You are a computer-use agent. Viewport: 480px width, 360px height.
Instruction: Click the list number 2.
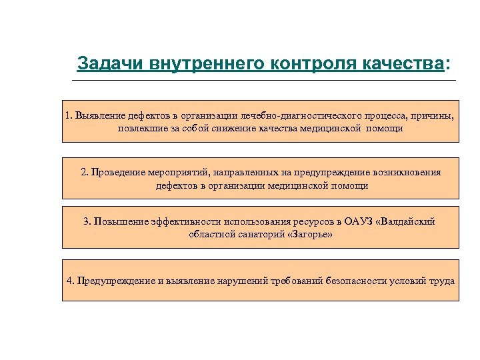84,172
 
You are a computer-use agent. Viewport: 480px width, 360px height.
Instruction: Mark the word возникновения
405,172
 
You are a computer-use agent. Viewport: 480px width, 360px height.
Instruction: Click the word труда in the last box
443,280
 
